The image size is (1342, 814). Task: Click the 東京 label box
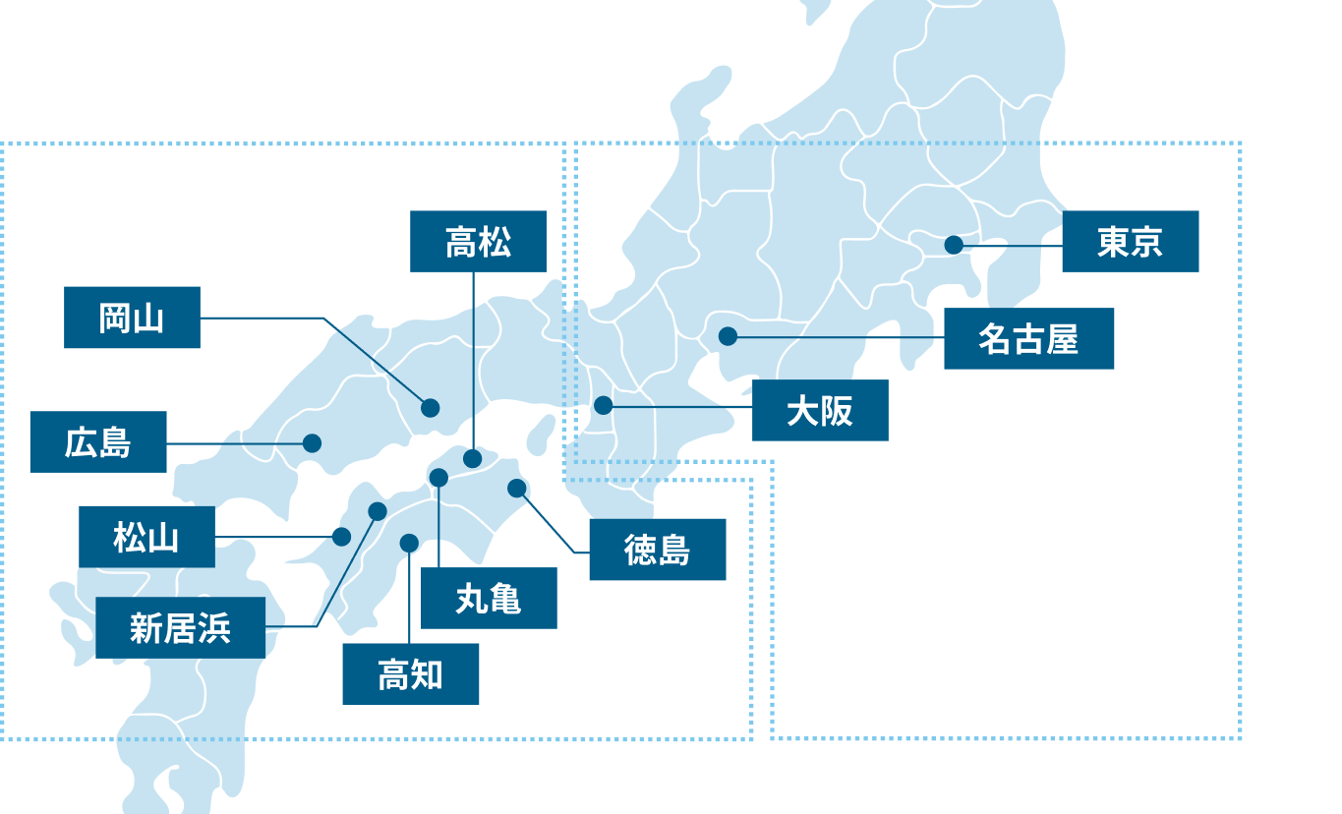tap(1130, 241)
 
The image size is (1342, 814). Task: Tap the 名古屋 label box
tap(1028, 339)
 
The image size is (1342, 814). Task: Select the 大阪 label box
tap(820, 411)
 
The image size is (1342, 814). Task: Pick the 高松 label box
tap(478, 241)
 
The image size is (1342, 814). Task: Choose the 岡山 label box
tap(132, 318)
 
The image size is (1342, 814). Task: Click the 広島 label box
tap(98, 442)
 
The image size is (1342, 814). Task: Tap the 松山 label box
tap(146, 537)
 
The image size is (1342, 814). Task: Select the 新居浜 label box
tap(180, 627)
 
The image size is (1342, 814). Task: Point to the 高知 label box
tap(410, 674)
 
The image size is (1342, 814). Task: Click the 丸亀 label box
tap(489, 598)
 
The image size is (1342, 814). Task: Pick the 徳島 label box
tap(657, 550)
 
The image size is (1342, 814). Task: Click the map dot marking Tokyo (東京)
tap(954, 245)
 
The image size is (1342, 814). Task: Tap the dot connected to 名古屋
tap(728, 336)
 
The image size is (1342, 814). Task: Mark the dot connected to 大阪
tap(604, 405)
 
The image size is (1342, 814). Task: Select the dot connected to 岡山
tap(430, 407)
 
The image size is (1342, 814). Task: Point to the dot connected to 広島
tap(312, 443)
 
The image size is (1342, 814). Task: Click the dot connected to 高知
tap(409, 543)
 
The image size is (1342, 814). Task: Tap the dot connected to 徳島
tap(517, 488)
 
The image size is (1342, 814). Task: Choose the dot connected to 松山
tap(341, 537)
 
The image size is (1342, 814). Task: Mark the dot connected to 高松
tap(473, 458)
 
